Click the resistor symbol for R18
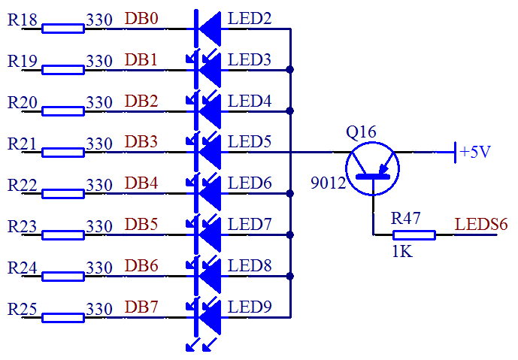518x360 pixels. [x=62, y=29]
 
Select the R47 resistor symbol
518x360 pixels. [x=413, y=234]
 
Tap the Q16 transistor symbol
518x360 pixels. [x=372, y=165]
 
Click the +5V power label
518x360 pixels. [x=475, y=152]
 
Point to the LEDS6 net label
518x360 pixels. [x=481, y=223]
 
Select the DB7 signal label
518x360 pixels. [x=141, y=307]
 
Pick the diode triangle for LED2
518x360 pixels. [x=210, y=29]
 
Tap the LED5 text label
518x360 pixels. [x=250, y=141]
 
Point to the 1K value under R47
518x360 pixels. [x=402, y=252]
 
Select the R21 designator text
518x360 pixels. [x=23, y=142]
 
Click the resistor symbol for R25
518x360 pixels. [x=62, y=317]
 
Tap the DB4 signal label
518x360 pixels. [x=141, y=183]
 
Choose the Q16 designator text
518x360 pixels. [x=361, y=132]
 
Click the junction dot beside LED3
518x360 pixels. [x=289, y=71]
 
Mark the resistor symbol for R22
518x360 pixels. [x=62, y=194]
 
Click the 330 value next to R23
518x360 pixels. [x=99, y=225]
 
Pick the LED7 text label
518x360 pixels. [x=250, y=224]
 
